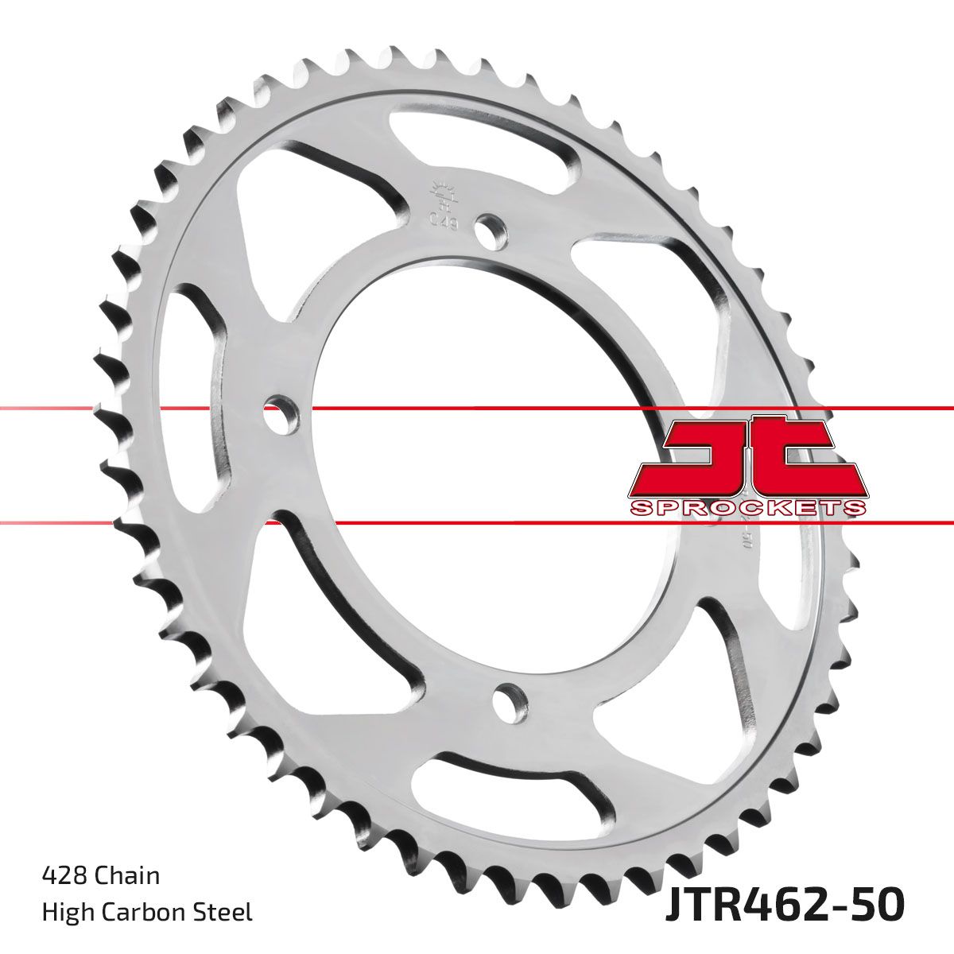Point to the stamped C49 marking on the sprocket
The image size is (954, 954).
(x=443, y=220)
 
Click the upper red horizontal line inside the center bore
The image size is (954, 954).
(x=477, y=408)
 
